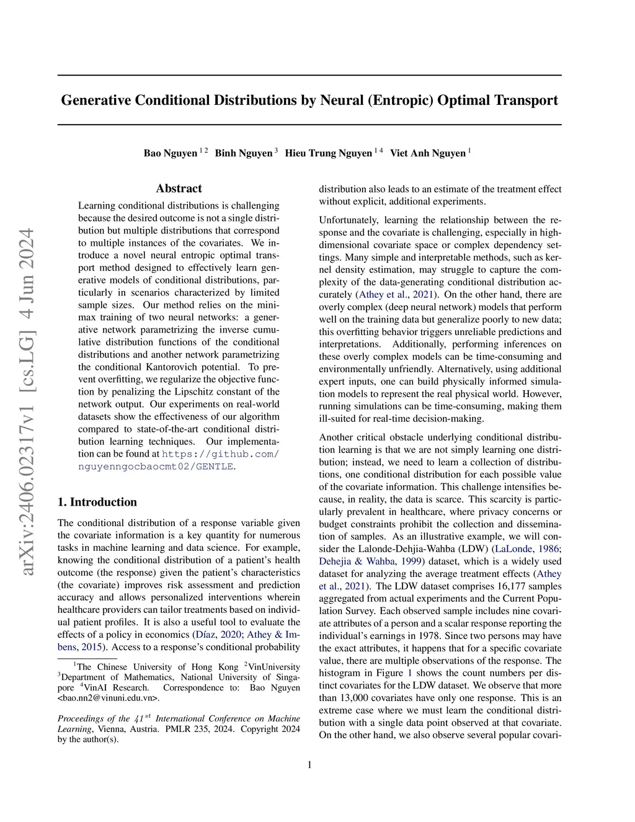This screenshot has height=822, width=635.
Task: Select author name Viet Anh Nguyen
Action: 427,153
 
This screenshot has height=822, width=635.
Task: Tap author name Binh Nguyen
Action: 243,153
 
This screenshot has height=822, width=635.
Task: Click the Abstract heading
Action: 179,189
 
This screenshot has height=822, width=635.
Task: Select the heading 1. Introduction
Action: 97,502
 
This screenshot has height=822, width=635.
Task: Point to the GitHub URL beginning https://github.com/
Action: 220,454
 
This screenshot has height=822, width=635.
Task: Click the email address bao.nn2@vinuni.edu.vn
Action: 108,698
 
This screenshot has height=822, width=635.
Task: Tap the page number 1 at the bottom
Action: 309,765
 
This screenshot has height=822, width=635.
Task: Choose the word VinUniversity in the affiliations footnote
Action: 274,667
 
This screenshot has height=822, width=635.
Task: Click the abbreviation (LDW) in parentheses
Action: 474,549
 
